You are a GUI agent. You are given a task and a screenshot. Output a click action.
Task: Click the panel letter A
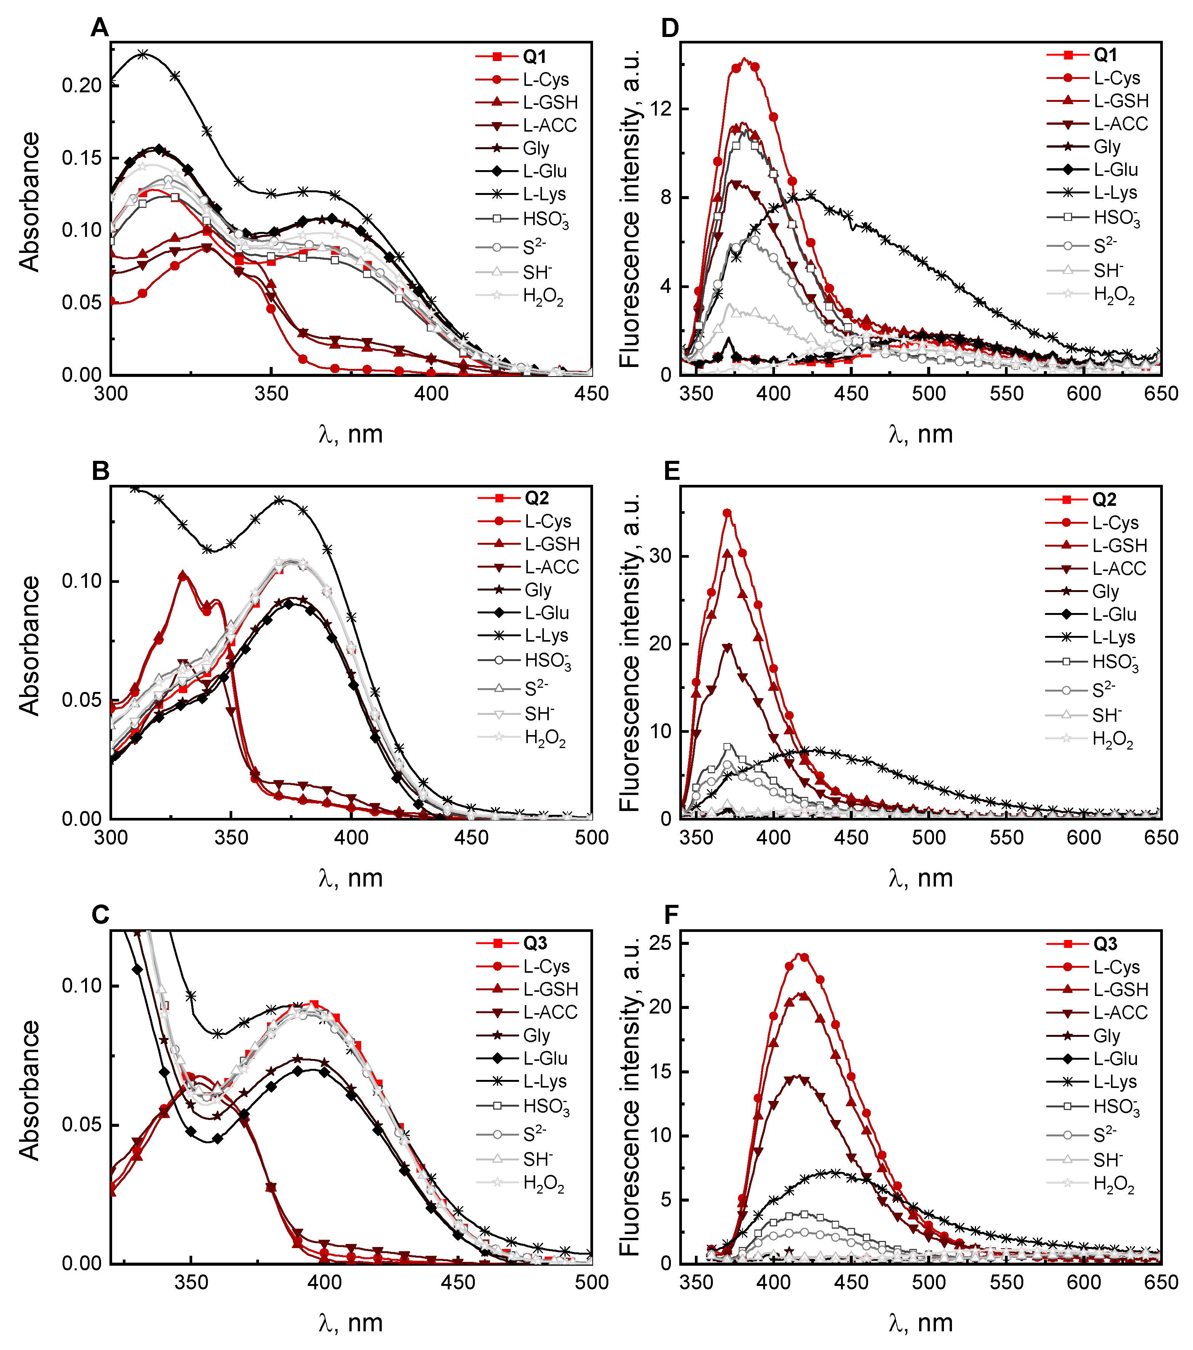coord(99,28)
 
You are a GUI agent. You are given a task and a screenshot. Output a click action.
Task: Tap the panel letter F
coord(671,915)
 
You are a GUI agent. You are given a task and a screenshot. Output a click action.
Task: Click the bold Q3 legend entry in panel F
coord(1105,944)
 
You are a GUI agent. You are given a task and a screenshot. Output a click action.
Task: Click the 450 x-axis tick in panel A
coord(592,394)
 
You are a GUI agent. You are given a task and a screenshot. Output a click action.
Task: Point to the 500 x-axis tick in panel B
coord(592,837)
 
